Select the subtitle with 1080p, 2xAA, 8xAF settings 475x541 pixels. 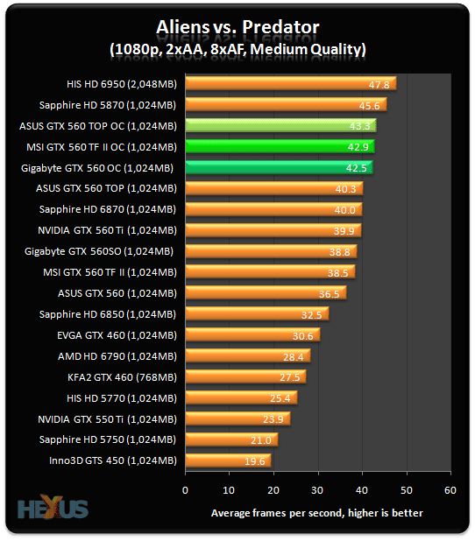238,48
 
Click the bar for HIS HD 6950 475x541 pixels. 289,84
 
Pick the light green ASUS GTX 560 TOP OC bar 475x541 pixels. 280,126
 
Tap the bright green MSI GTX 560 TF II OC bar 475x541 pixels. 279,146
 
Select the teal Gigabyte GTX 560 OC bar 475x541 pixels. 278,167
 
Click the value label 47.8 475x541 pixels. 379,85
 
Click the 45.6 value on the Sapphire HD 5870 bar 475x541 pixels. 369,105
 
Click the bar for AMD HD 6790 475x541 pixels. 246,355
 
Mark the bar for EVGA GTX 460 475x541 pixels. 252,334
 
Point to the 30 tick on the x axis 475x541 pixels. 317,490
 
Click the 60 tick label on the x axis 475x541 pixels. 449,490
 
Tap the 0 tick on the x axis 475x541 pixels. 185,490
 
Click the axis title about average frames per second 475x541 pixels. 317,512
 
